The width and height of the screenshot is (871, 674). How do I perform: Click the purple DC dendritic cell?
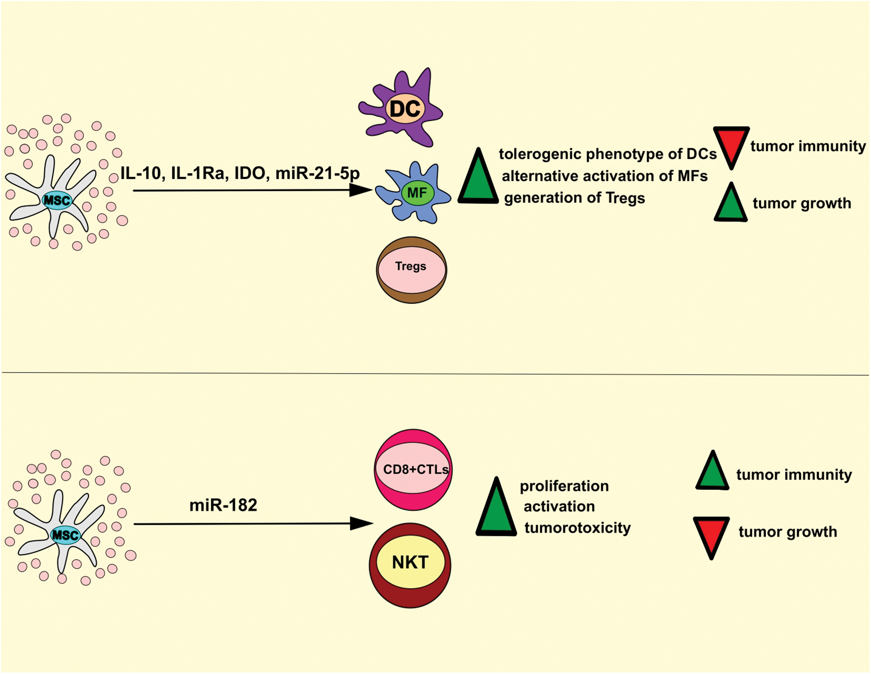coord(404,108)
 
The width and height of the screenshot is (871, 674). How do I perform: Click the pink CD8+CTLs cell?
coord(413,469)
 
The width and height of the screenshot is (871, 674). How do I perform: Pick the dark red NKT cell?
coord(410,564)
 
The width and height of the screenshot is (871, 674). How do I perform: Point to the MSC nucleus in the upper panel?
coord(57,201)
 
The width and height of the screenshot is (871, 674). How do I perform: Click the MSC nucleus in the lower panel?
coord(66,535)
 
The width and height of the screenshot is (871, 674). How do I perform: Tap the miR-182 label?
coord(223,505)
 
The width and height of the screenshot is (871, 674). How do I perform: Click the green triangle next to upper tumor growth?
coord(731,204)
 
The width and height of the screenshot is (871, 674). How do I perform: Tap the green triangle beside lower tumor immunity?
coord(712,472)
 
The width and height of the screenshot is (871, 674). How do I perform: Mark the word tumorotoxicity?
coord(577,527)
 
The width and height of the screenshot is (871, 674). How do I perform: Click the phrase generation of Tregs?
coord(574,198)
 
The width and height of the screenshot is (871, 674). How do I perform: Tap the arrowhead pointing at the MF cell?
coord(361,190)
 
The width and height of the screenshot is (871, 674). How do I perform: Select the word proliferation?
coord(564,485)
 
